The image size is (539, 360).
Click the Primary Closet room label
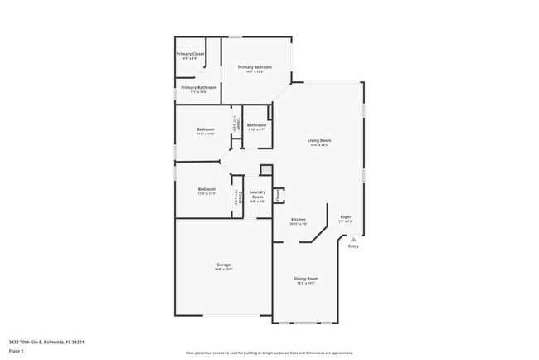(190, 54)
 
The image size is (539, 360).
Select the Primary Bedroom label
(255, 66)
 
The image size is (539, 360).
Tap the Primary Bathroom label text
(199, 87)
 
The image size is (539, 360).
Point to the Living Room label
(320, 141)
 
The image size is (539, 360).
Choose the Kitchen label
(299, 220)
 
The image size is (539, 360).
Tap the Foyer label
(346, 217)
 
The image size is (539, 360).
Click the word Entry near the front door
(353, 246)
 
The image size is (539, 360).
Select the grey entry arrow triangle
(353, 239)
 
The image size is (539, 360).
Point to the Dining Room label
(306, 279)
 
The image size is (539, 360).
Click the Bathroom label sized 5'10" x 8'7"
(256, 125)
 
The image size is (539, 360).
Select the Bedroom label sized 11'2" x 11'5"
(206, 129)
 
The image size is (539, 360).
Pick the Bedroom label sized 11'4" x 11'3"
(206, 189)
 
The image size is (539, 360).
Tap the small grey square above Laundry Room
(266, 170)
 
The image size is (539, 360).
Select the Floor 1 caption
(17, 351)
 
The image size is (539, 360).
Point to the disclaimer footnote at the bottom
(269, 352)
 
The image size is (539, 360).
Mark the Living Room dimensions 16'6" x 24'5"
(320, 146)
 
